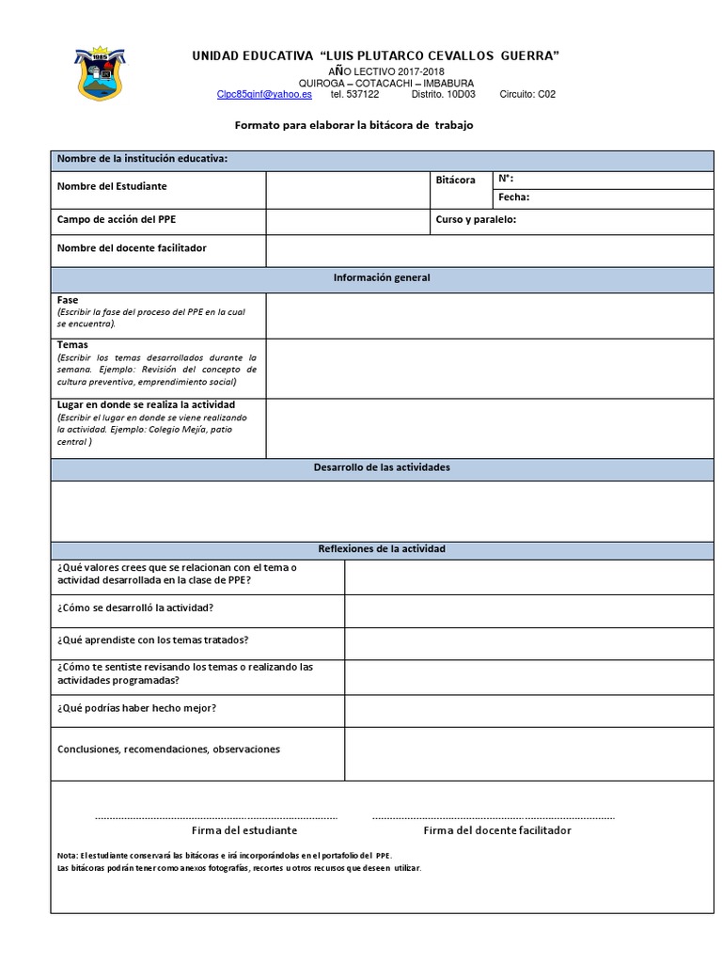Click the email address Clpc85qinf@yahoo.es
coord(264,95)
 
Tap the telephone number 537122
coord(365,95)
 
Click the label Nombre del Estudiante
coord(112,186)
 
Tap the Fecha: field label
coord(514,197)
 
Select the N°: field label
coord(506,178)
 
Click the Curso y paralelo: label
coord(476,220)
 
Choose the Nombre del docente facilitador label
coord(132,248)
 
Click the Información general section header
coord(382,278)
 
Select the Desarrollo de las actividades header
coord(381,467)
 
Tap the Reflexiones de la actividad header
coord(382,548)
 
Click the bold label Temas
coord(72,345)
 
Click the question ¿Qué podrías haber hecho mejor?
coord(143,708)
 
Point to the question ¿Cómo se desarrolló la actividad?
coord(135,608)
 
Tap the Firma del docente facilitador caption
coord(496,830)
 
